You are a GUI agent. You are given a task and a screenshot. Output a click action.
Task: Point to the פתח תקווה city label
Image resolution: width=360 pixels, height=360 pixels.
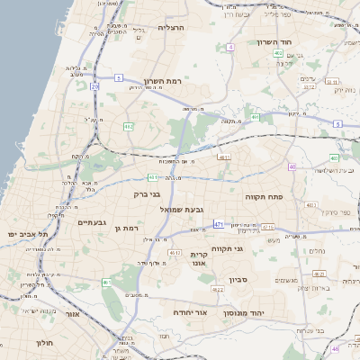pos(265,193)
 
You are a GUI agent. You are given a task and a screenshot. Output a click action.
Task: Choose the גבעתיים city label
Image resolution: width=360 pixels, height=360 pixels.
pos(93,222)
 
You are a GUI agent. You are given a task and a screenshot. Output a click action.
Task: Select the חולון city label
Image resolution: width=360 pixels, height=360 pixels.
pos(46,343)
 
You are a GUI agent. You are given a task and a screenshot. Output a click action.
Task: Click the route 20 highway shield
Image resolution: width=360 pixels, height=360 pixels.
pos(95,86)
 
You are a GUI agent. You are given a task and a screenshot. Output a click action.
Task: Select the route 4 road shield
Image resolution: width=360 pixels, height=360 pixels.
pos(230,46)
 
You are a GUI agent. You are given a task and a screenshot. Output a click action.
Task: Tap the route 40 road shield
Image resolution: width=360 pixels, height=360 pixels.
pos(292,166)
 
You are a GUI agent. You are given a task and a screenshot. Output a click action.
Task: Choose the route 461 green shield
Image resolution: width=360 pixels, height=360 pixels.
pos(107,283)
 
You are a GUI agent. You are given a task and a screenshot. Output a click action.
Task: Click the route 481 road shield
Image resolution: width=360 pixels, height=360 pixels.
pos(223,157)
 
